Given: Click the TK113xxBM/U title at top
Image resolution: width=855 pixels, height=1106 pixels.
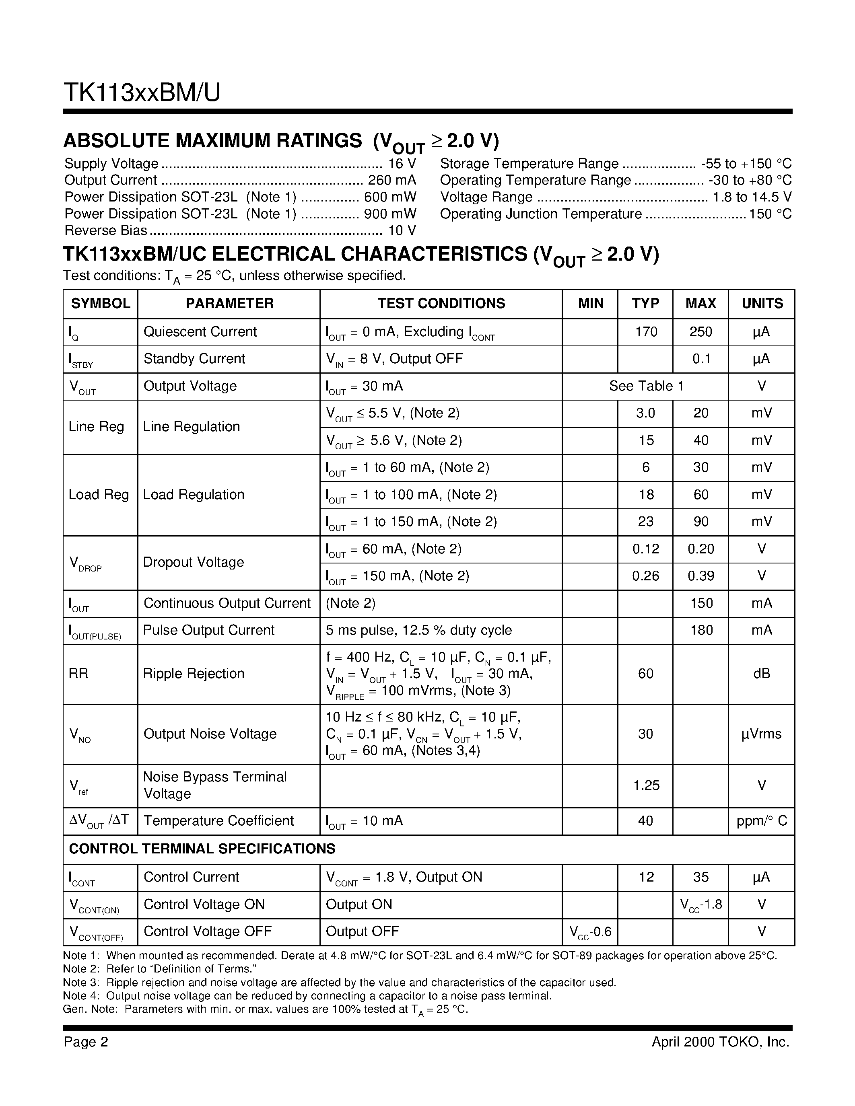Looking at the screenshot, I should [x=142, y=93].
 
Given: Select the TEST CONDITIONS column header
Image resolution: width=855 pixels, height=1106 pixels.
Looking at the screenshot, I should [x=441, y=303].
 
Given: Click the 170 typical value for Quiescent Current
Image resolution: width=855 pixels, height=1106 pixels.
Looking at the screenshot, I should [x=645, y=332].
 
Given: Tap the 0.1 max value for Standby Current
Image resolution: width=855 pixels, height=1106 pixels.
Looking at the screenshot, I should [x=700, y=359].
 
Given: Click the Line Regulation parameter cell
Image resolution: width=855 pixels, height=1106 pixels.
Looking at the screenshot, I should [x=192, y=426].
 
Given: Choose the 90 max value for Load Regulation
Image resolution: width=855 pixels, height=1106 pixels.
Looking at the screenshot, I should [x=700, y=522].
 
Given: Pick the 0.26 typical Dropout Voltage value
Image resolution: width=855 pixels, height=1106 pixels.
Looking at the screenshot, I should [x=645, y=576].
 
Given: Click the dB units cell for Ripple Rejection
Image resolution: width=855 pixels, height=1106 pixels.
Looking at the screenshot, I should [x=761, y=674].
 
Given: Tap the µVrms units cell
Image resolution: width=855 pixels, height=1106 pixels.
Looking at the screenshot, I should [x=761, y=734].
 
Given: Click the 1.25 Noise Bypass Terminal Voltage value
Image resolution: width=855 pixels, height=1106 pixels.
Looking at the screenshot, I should [x=646, y=785].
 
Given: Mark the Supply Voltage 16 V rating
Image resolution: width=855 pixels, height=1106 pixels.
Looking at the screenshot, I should [x=402, y=164].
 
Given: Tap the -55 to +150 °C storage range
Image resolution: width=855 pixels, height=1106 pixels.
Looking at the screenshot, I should [x=746, y=164].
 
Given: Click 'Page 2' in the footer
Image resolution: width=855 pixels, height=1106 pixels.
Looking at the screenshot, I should [x=86, y=1042].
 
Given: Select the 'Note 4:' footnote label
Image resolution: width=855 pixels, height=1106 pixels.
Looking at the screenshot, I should [x=81, y=996].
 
